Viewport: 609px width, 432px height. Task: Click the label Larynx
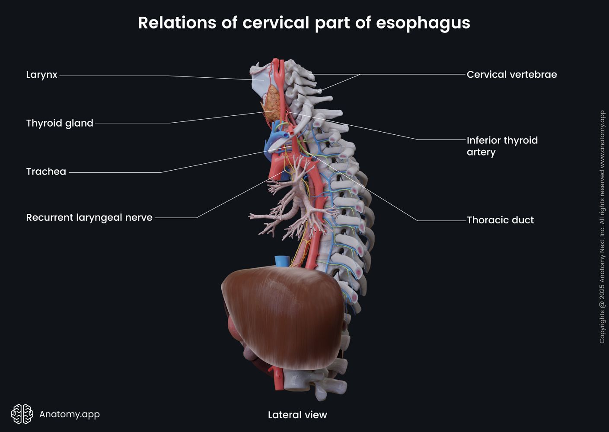41,75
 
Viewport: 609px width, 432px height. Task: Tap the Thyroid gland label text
60,123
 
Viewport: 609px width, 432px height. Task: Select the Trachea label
46,172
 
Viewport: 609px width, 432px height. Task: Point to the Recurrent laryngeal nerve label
89,217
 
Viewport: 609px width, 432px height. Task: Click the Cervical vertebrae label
511,74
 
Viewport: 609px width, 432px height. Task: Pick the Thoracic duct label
500,220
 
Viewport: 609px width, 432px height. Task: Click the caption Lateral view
297,415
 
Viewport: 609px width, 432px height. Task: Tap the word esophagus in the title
423,22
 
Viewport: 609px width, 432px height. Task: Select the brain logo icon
22,414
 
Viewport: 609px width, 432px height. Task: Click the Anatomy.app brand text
69,414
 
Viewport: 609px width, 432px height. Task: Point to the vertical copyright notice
602,227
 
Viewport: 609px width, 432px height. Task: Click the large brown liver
281,315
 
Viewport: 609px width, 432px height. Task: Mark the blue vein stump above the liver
281,260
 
